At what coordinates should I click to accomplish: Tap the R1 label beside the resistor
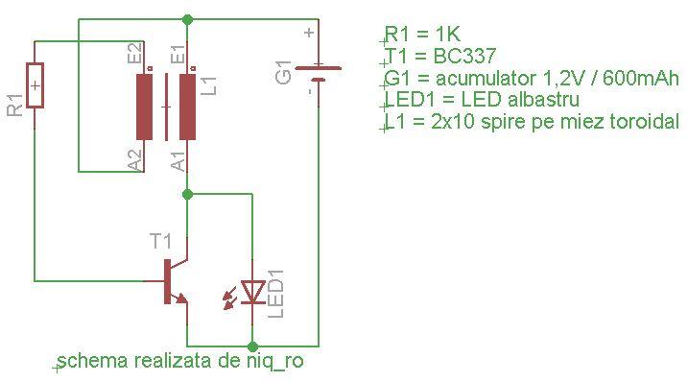pos(14,106)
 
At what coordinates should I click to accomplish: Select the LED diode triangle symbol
pos(252,291)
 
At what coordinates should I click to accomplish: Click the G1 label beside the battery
pos(285,72)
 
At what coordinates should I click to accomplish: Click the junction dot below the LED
pos(252,345)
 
